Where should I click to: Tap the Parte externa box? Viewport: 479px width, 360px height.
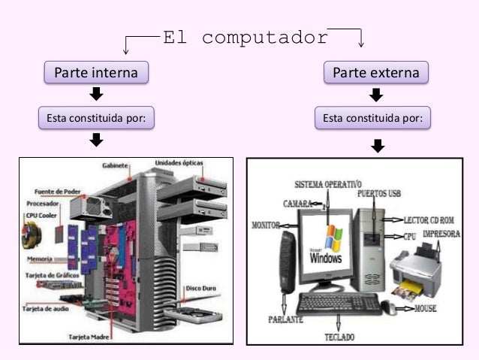[x=376, y=73]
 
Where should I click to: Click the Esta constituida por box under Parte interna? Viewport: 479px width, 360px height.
[x=96, y=118]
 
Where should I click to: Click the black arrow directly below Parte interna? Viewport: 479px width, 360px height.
[x=96, y=95]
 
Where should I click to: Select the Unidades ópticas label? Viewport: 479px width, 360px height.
[x=183, y=162]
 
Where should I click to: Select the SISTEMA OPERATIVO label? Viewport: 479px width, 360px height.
[x=327, y=183]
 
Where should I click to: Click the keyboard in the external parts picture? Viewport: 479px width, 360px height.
[x=337, y=304]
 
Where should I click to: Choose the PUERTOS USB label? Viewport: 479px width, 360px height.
[x=379, y=193]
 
